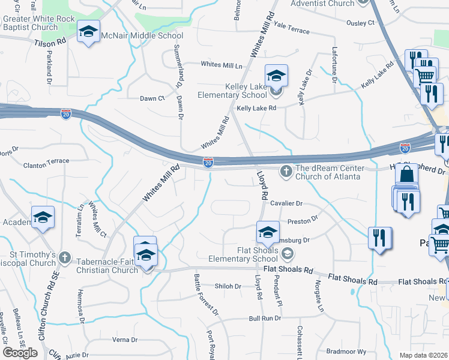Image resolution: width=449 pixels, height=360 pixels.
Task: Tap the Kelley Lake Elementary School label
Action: [x=238, y=91]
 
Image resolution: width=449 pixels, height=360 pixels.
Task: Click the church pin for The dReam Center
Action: [x=286, y=172]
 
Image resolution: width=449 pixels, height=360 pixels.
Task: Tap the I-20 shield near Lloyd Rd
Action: [x=208, y=163]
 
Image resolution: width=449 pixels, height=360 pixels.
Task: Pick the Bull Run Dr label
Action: [x=265, y=318]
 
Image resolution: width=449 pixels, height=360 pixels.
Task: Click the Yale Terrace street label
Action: [x=291, y=31]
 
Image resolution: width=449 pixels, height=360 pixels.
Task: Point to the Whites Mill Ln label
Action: [x=221, y=65]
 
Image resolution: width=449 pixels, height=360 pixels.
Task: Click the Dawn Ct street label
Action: [x=152, y=98]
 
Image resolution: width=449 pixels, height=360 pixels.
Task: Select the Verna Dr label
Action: [x=125, y=340]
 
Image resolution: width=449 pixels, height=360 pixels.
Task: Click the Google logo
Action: [x=20, y=352]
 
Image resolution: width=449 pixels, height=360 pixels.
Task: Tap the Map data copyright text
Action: [x=424, y=355]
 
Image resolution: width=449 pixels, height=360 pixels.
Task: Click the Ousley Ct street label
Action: [x=360, y=23]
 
